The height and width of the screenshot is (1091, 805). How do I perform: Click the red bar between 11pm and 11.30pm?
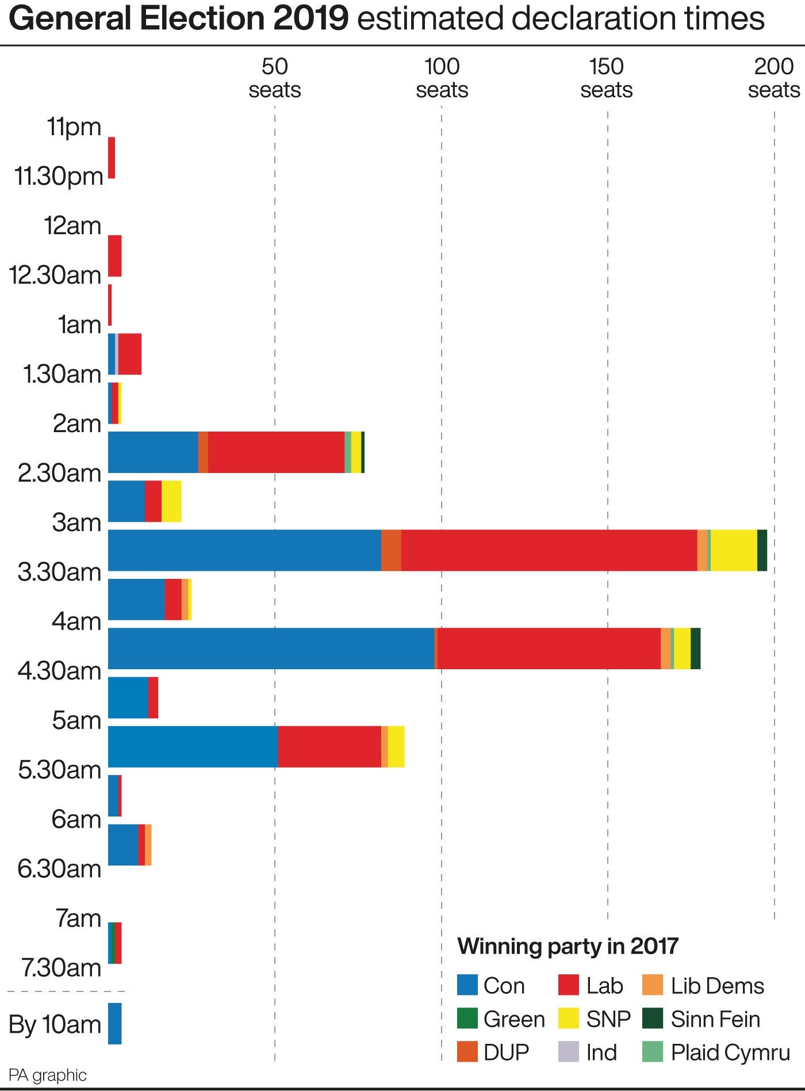pos(112,158)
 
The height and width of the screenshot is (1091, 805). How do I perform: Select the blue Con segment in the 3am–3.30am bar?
pos(244,550)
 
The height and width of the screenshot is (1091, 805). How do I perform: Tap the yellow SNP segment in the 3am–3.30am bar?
pos(734,550)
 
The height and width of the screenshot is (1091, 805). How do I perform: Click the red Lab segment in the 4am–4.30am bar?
pos(549,649)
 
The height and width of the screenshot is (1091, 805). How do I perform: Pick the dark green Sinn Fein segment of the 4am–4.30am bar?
pos(696,649)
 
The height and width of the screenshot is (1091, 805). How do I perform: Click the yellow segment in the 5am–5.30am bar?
pos(396,746)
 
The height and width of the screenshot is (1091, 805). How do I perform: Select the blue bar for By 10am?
pos(115,1024)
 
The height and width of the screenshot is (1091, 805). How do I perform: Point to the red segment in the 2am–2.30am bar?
pos(276,452)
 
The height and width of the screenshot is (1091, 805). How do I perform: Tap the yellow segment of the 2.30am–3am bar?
pos(171,501)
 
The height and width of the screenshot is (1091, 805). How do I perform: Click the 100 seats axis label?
pos(442,78)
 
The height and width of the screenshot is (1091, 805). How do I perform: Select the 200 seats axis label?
pos(773,78)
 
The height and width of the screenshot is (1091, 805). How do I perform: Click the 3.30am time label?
pos(59,572)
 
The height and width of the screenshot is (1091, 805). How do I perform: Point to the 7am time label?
pos(78,918)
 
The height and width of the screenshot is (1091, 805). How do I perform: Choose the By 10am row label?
pos(55,1024)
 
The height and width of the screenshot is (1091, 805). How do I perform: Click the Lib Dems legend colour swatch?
pos(653,985)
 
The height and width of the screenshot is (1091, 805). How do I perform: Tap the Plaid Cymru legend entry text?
pos(730,1052)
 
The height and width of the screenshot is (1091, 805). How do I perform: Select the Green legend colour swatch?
pos(467,1018)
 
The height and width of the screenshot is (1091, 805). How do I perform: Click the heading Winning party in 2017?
pos(568,946)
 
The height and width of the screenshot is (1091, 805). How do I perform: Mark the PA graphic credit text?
pos(48,1075)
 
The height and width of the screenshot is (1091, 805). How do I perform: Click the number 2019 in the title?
pos(311,18)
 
